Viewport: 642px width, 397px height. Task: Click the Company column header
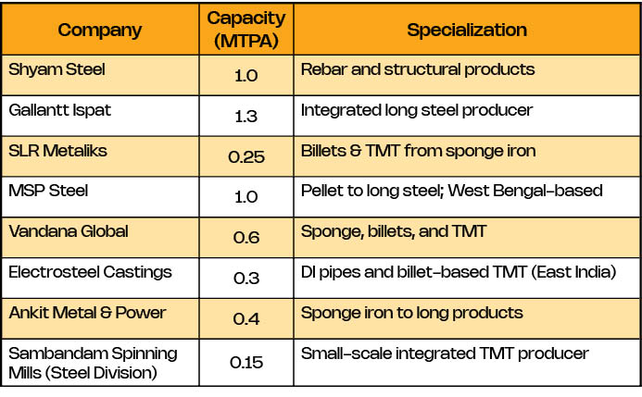(x=100, y=30)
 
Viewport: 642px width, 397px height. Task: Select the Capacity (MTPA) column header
(x=246, y=30)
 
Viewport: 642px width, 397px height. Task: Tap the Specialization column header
(x=467, y=30)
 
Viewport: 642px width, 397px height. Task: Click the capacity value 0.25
(x=246, y=157)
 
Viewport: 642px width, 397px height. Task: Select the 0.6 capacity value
(x=246, y=238)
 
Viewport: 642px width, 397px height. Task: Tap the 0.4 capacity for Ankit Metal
(x=246, y=318)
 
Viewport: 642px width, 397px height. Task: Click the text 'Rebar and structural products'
(x=418, y=70)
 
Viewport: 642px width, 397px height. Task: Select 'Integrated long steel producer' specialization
(x=417, y=111)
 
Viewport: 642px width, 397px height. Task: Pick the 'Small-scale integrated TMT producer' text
(x=445, y=353)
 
